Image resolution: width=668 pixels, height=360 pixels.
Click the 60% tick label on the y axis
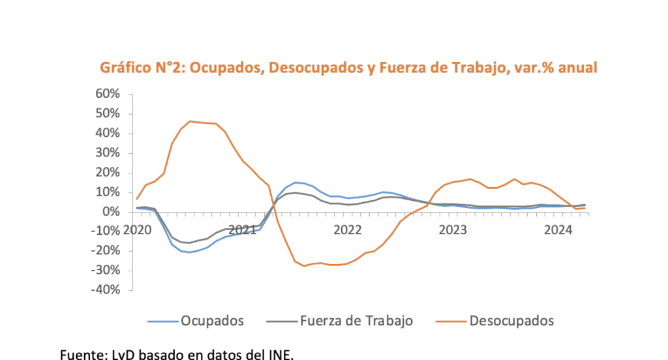pos(107,94)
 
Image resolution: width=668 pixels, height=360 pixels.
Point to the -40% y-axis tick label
pos(105,290)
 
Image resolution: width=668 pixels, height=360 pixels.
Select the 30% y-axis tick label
pos(107,153)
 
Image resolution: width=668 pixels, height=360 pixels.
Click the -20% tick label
pos(105,251)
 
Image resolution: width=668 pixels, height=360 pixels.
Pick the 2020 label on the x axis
pos(137,230)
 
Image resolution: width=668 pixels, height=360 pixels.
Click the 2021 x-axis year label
pos(242,230)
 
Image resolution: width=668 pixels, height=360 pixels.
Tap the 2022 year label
pos(347,230)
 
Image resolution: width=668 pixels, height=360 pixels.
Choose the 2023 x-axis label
pos(453,230)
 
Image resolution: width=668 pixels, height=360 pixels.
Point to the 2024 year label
pos(558,230)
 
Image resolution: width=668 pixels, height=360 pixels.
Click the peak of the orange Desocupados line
pos(190,121)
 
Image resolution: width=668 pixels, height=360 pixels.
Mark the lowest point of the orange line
pos(304,266)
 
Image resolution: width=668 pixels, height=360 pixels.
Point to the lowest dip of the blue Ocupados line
pos(190,252)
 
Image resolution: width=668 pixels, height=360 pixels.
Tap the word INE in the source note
pos(281,355)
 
